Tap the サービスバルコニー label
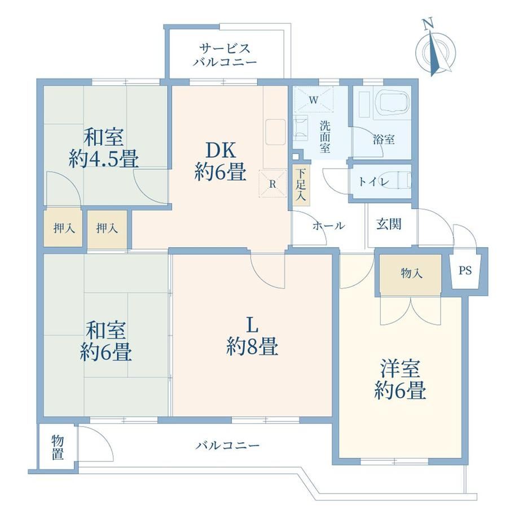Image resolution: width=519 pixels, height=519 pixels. click(x=225, y=55)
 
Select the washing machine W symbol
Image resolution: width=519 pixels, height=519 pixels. click(x=314, y=100)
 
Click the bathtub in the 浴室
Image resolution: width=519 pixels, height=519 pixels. click(x=394, y=102)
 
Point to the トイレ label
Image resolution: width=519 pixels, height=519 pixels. click(x=373, y=182)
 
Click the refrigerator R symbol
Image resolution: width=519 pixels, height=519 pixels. click(x=272, y=184)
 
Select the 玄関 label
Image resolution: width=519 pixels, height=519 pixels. click(x=389, y=225)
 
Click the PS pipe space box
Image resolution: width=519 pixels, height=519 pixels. click(x=465, y=271)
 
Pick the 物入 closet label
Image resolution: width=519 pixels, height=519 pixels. click(x=411, y=273)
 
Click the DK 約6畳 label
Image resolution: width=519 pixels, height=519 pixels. click(x=220, y=161)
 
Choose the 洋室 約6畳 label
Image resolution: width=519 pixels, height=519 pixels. click(x=400, y=380)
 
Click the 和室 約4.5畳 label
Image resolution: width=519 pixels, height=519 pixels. click(x=104, y=148)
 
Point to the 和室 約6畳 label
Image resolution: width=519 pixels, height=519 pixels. click(x=106, y=341)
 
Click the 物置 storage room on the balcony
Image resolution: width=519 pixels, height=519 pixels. click(x=58, y=447)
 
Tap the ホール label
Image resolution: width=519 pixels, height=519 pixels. click(x=329, y=226)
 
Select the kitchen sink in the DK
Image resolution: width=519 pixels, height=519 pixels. click(x=275, y=132)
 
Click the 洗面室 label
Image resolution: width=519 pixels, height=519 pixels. click(x=325, y=137)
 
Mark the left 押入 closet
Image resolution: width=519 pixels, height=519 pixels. click(x=63, y=228)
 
